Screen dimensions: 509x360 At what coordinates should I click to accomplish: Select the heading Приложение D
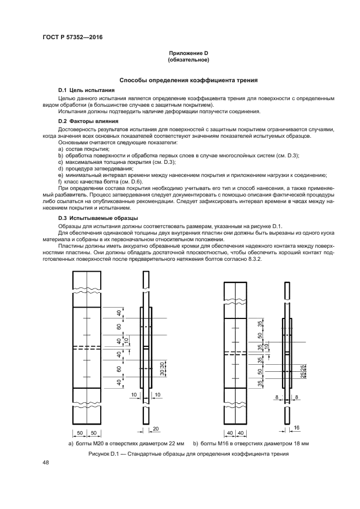[188, 53]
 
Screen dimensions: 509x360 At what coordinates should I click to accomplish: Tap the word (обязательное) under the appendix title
[188, 59]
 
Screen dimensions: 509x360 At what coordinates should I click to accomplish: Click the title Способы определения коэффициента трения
[188, 79]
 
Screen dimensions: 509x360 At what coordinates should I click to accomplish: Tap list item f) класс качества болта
[101, 181]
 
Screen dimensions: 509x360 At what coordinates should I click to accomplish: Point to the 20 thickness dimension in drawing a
[155, 429]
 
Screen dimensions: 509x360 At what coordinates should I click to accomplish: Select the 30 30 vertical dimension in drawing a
[132, 368]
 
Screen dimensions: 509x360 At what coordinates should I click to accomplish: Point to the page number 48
[46, 463]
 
